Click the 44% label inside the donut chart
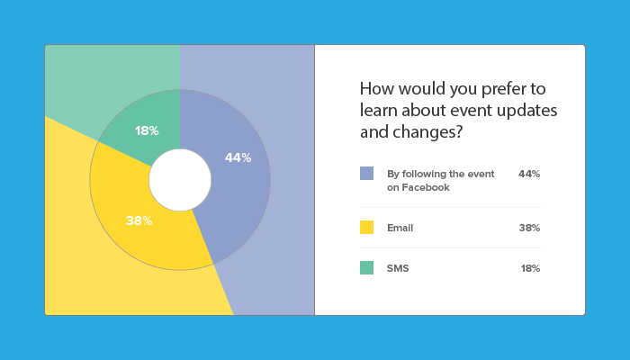click(238, 157)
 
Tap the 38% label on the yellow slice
click(139, 220)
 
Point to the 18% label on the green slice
click(147, 130)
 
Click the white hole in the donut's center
click(180, 180)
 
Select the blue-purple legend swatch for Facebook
click(366, 173)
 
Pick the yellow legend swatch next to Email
click(366, 227)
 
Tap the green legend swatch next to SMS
click(366, 267)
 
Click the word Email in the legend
click(400, 228)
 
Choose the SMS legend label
click(398, 268)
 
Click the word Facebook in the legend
click(426, 187)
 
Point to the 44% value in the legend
click(529, 174)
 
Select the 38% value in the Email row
click(529, 228)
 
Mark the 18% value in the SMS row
click(530, 268)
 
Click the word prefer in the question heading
click(504, 90)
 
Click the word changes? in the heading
click(427, 132)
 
